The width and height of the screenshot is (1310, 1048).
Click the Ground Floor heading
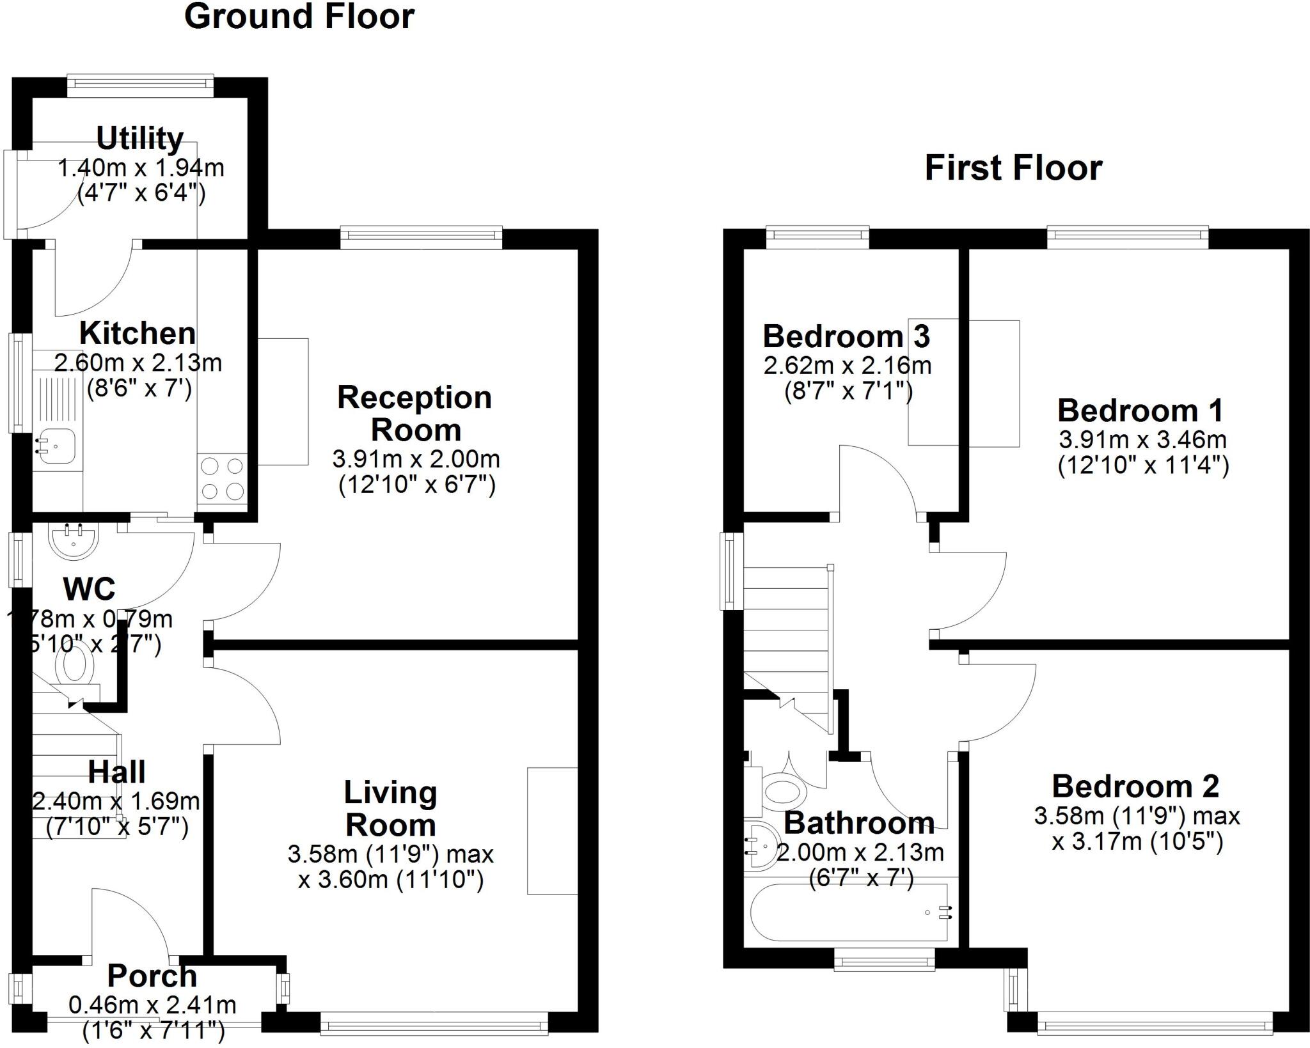299,17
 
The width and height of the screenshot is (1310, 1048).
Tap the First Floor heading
1013,169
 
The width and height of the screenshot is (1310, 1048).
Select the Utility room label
140,139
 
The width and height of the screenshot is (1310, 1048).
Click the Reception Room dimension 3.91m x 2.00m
416,459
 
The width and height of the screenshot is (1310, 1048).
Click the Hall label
116,772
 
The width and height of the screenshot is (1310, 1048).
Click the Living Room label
391,809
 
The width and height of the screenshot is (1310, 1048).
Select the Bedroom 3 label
846,336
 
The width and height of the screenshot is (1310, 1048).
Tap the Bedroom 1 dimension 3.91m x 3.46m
1142,440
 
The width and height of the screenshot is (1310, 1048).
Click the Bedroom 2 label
1135,786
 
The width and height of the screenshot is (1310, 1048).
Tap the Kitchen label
138,334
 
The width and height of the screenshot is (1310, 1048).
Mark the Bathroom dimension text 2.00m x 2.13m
860,853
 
